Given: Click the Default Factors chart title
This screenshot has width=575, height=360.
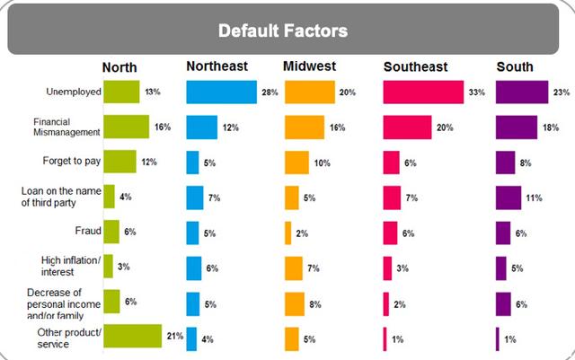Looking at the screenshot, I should point(284,30).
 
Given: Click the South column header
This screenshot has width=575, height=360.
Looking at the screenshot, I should point(514,66).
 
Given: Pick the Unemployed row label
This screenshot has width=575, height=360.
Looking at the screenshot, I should point(73,92).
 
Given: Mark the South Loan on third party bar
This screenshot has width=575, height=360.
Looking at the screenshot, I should point(509,198).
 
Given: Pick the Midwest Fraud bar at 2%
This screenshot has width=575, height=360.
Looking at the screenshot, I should point(288,233).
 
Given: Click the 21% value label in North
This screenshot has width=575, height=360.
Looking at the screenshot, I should point(174,337).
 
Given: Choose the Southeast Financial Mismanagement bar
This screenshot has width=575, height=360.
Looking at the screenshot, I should point(407,127).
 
